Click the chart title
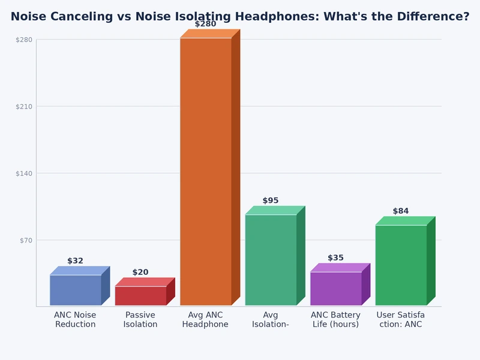point(240,17)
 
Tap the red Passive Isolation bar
point(140,296)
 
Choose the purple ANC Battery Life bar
point(336,289)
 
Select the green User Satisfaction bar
point(401,265)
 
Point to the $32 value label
point(76,261)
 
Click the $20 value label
point(140,272)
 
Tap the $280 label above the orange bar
point(205,24)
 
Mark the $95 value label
point(271,201)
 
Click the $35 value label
point(335,258)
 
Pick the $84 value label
point(401,211)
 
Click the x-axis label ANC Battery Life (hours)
point(335,320)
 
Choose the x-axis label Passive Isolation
point(140,320)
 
